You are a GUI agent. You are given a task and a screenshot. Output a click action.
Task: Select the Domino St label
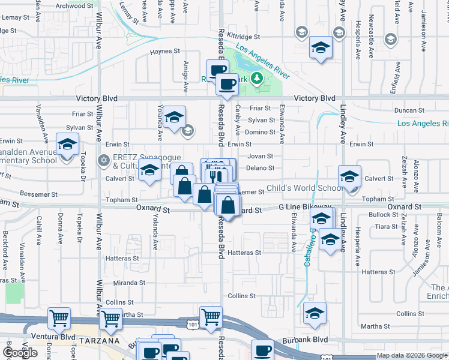(x=260, y=132)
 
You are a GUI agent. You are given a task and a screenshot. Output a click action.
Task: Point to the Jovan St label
(x=261, y=156)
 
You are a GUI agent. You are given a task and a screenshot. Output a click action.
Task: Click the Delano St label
(x=261, y=168)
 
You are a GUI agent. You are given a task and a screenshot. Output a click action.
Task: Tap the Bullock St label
(x=379, y=214)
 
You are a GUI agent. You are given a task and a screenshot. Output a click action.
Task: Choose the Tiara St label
(x=382, y=226)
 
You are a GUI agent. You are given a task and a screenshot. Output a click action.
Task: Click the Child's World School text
(x=306, y=188)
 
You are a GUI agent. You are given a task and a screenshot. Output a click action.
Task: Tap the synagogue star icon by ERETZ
(x=103, y=160)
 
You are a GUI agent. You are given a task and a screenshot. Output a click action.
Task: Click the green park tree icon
(x=256, y=78)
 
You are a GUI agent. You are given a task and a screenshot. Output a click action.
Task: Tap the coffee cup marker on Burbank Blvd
(x=262, y=350)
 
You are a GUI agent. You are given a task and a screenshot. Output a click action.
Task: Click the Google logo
(x=20, y=353)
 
